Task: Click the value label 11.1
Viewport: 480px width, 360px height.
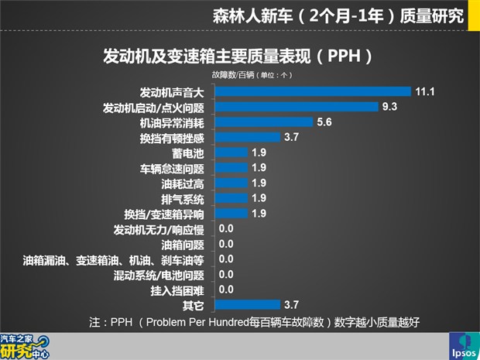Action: click(x=423, y=91)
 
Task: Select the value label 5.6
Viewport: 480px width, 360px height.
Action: click(x=324, y=122)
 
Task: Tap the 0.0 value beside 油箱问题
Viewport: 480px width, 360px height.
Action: click(x=226, y=244)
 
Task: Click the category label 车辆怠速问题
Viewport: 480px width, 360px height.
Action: click(x=171, y=168)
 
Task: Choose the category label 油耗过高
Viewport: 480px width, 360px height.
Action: click(x=183, y=183)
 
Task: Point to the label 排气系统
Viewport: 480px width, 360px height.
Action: click(x=183, y=199)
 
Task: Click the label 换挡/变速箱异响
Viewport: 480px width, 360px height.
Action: click(x=164, y=214)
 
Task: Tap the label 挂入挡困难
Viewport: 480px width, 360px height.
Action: click(x=177, y=290)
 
